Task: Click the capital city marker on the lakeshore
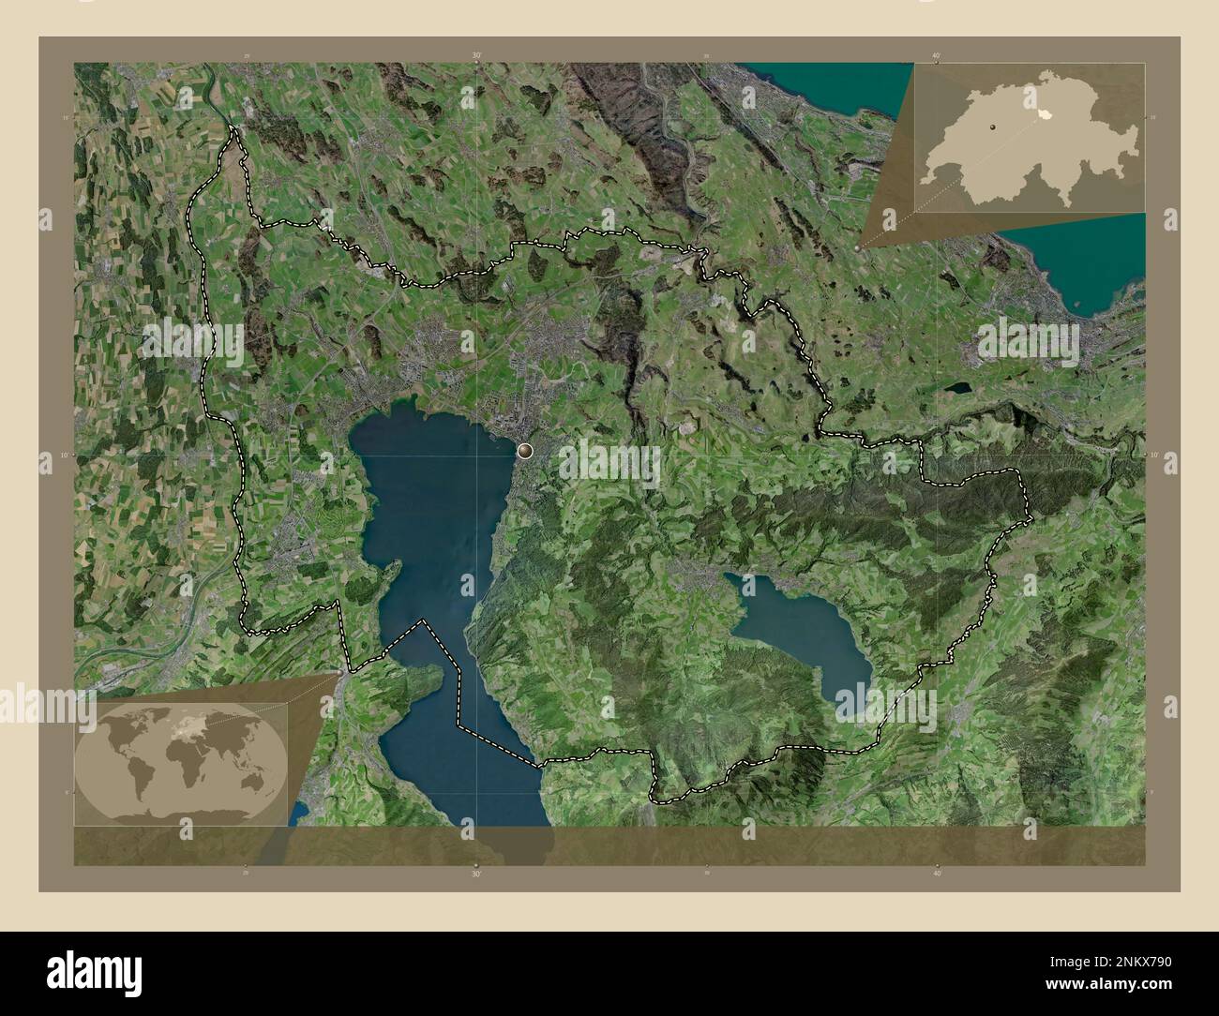(x=523, y=451)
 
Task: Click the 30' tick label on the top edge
(x=477, y=56)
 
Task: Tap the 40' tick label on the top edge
(x=937, y=56)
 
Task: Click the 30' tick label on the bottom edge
(x=477, y=874)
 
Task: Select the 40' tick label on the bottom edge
(x=937, y=874)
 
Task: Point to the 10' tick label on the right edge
(x=1153, y=455)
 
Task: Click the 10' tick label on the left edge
(x=65, y=455)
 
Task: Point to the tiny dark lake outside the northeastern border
(x=957, y=386)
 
